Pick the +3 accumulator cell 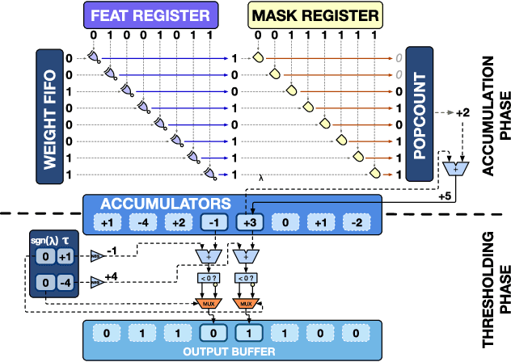pos(249,222)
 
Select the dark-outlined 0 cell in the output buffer pos(213,331)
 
